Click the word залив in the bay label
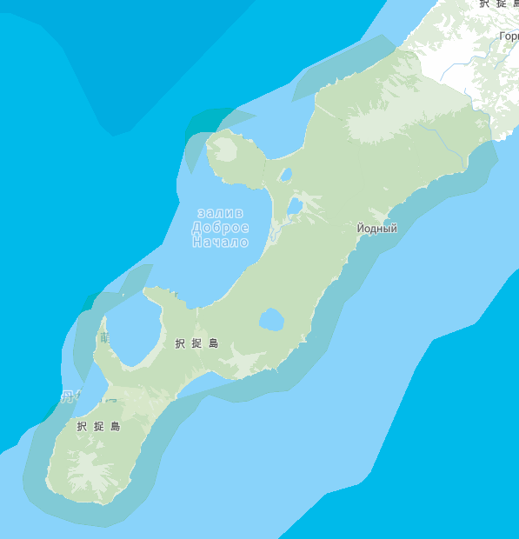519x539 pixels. click(x=220, y=213)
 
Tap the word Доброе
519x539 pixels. click(x=220, y=228)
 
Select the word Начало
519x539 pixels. click(x=220, y=242)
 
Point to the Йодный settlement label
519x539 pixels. click(x=377, y=229)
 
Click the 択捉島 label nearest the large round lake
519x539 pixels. click(x=197, y=343)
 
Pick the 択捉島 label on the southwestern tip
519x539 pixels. click(x=98, y=427)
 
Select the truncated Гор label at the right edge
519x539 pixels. click(x=509, y=37)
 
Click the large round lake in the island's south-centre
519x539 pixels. click(x=271, y=320)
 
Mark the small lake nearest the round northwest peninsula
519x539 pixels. click(x=285, y=174)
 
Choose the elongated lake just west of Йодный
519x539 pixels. click(x=295, y=206)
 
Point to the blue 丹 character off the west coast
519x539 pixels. click(x=68, y=396)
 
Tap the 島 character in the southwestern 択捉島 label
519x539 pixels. click(x=115, y=427)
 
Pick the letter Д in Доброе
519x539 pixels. click(x=197, y=228)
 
